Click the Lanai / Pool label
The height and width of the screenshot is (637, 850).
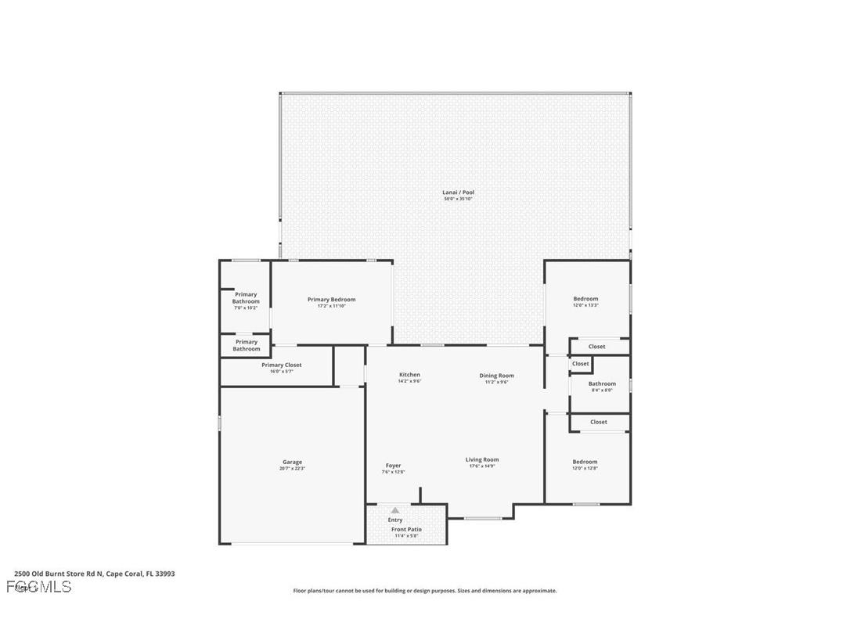458,193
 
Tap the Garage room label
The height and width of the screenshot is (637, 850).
292,462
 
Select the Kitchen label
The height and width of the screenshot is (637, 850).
409,375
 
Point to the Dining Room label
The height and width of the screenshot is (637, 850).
496,376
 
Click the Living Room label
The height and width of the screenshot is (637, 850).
482,460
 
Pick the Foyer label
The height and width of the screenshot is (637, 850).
393,466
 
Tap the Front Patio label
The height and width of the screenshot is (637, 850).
406,530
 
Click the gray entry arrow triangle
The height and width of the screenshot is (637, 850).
395,510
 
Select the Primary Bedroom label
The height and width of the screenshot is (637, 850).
331,300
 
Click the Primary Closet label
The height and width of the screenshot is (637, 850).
281,365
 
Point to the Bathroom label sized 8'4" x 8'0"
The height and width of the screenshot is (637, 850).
602,383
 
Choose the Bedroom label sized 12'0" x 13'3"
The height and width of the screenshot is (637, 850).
585,299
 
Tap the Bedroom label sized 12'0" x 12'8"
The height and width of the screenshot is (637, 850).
585,462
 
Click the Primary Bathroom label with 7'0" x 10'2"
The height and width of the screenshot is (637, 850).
246,298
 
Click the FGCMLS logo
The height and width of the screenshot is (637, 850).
38,586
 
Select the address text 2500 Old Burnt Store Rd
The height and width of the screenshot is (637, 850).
94,574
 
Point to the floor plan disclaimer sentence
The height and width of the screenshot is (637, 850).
425,591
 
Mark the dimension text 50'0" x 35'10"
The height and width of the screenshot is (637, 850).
458,200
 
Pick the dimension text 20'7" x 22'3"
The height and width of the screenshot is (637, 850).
292,469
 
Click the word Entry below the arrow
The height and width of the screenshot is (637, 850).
395,520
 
